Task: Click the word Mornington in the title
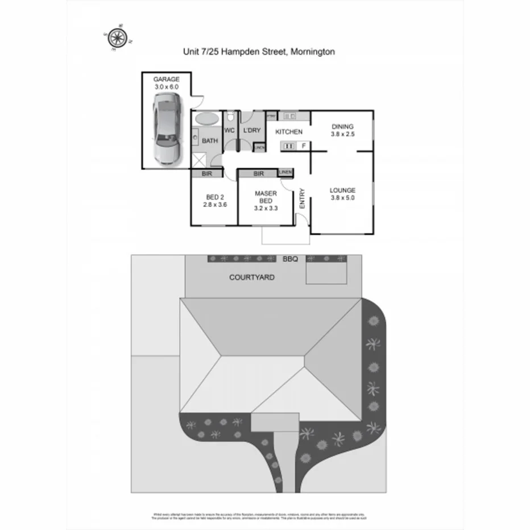click(312, 51)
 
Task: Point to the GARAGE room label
click(167, 79)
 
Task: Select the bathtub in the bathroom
click(207, 119)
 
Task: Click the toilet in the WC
click(230, 117)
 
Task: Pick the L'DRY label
click(251, 130)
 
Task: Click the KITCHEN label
click(288, 132)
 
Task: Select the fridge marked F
click(304, 146)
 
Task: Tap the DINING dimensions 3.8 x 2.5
click(342, 135)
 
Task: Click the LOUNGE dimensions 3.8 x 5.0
click(342, 198)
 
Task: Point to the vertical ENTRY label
click(302, 199)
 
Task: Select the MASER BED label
click(266, 197)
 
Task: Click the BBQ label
click(290, 259)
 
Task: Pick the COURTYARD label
click(252, 278)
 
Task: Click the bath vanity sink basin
click(194, 137)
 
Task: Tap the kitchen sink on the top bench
click(289, 117)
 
